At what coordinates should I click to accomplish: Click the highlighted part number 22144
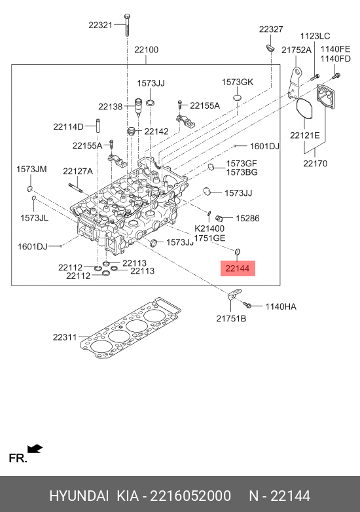click(x=238, y=268)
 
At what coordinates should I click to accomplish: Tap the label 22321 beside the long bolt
click(x=100, y=25)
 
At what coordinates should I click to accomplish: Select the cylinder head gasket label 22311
click(x=65, y=337)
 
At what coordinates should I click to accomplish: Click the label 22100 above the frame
click(x=146, y=50)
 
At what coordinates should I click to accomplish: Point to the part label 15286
click(x=247, y=218)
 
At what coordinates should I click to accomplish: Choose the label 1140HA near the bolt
click(x=281, y=306)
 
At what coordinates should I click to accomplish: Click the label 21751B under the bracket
click(x=231, y=318)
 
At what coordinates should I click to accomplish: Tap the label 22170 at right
click(x=315, y=163)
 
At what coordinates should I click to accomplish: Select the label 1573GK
click(x=238, y=82)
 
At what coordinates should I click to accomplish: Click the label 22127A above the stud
click(x=78, y=171)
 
